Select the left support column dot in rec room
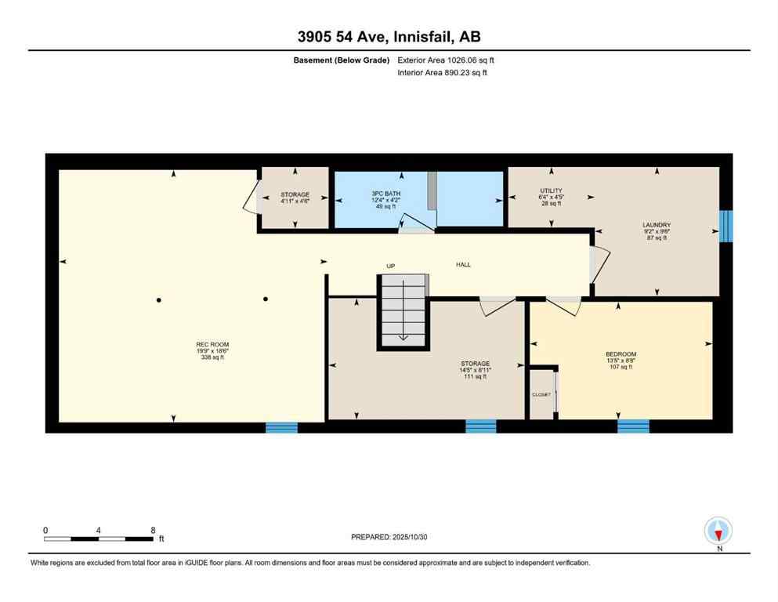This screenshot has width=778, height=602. coord(159,299)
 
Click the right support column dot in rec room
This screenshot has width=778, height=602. coord(266,299)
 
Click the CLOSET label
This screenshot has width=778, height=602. coord(541,394)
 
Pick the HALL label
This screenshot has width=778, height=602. coord(464,265)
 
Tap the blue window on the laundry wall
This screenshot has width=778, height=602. coord(726,226)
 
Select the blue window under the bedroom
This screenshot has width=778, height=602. coord(633,426)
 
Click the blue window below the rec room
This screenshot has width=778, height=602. coord(281,427)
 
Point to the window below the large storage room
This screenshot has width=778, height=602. coord(480,426)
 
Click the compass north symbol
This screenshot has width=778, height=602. coord(718,531)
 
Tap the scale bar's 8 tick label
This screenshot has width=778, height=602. coord(153,530)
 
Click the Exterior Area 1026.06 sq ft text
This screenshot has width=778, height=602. coord(446,60)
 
